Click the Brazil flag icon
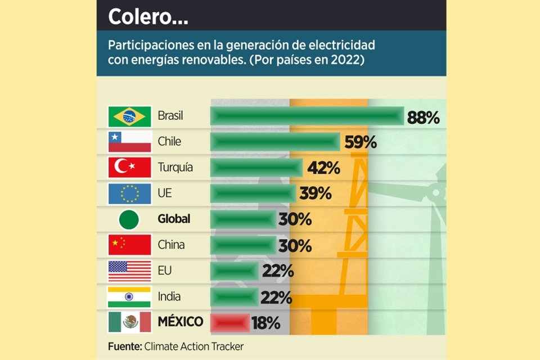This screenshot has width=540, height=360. click(130, 116)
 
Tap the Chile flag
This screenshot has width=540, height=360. click(130, 142)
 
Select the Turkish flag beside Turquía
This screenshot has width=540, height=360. click(130, 168)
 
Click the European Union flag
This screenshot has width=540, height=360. click(130, 193)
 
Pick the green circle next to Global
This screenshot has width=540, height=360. click(130, 219)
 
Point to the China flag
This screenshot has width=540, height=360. click(130, 245)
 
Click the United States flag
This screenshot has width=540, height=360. click(130, 271)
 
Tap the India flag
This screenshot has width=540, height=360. click(130, 296)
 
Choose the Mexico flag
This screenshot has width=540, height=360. click(130, 322)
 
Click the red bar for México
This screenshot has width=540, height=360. click(229, 323)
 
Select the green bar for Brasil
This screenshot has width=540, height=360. click(307, 116)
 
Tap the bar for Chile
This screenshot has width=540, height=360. click(275, 142)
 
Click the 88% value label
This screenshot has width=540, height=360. click(423, 118)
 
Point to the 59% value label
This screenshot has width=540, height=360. click(360, 142)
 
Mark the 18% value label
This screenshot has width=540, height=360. click(265, 323)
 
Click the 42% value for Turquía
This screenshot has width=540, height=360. click(323, 168)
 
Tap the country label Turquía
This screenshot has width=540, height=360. click(175, 168)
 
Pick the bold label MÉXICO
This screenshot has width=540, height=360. click(181, 322)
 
